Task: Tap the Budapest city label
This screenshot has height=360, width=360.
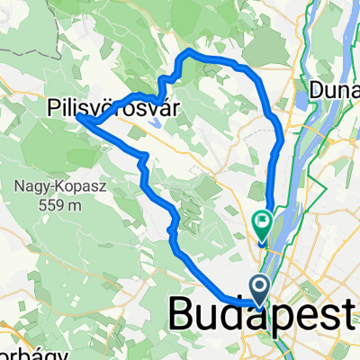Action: click(x=263, y=314)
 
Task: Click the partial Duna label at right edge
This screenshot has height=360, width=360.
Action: click(x=335, y=89)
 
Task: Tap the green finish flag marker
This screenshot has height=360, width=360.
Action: click(x=264, y=219)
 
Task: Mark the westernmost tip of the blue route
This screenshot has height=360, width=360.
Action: click(x=78, y=116)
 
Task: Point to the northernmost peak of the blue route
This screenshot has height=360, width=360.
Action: click(x=187, y=54)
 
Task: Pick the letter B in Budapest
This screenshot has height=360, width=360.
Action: click(x=182, y=314)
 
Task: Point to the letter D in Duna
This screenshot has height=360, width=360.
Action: click(x=317, y=89)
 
